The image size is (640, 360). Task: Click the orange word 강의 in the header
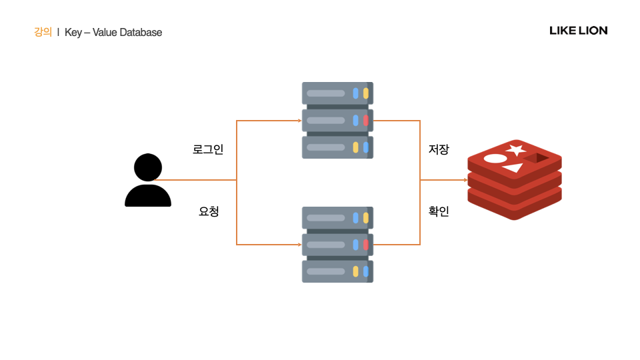coord(43,32)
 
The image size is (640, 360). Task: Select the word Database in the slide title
coord(141,32)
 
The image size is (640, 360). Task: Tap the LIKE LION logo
coord(578,31)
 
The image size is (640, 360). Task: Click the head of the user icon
coord(148,167)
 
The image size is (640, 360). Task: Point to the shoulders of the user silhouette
coord(148,195)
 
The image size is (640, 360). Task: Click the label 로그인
coord(208,149)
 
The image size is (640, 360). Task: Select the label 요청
coord(209,212)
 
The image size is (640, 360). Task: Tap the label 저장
coord(439,149)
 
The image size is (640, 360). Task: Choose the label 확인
coord(439,212)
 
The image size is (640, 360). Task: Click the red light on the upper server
coord(365,121)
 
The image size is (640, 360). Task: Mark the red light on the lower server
coord(365,245)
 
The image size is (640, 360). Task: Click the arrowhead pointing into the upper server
coord(299,121)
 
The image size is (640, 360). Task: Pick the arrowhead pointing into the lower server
coord(299,245)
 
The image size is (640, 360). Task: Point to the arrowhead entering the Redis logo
coord(464,180)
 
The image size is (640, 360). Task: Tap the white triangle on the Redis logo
coord(512,169)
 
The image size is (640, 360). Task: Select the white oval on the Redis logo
coord(495,159)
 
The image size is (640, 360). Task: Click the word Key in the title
coord(73,32)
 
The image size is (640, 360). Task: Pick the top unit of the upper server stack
coord(337,93)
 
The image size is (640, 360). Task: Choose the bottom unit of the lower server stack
coord(337,271)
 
